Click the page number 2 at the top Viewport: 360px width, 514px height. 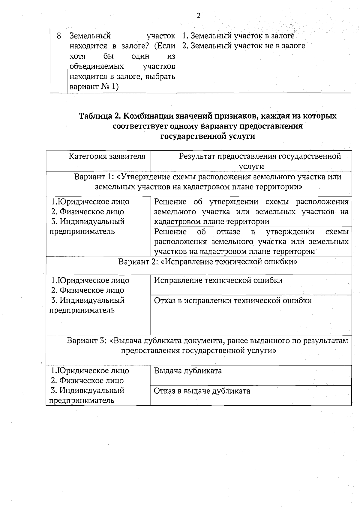point(198,16)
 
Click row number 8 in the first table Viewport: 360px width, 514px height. point(59,36)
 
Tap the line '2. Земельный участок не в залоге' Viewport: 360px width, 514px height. point(244,46)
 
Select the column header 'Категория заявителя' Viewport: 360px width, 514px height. point(107,156)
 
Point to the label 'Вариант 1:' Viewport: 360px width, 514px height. point(92,177)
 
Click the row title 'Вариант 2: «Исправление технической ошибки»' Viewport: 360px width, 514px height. point(208,262)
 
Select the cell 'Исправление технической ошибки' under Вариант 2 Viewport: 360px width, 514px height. point(218,280)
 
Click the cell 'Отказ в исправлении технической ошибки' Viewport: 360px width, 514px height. point(232,301)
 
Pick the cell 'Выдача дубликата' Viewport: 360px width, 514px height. point(188,371)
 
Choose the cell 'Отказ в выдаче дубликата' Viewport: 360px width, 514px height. point(202,391)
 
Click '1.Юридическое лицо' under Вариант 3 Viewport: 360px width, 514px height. point(90,371)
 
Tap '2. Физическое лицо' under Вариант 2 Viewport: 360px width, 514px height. point(87,290)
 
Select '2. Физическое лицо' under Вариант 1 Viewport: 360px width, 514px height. point(87,212)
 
